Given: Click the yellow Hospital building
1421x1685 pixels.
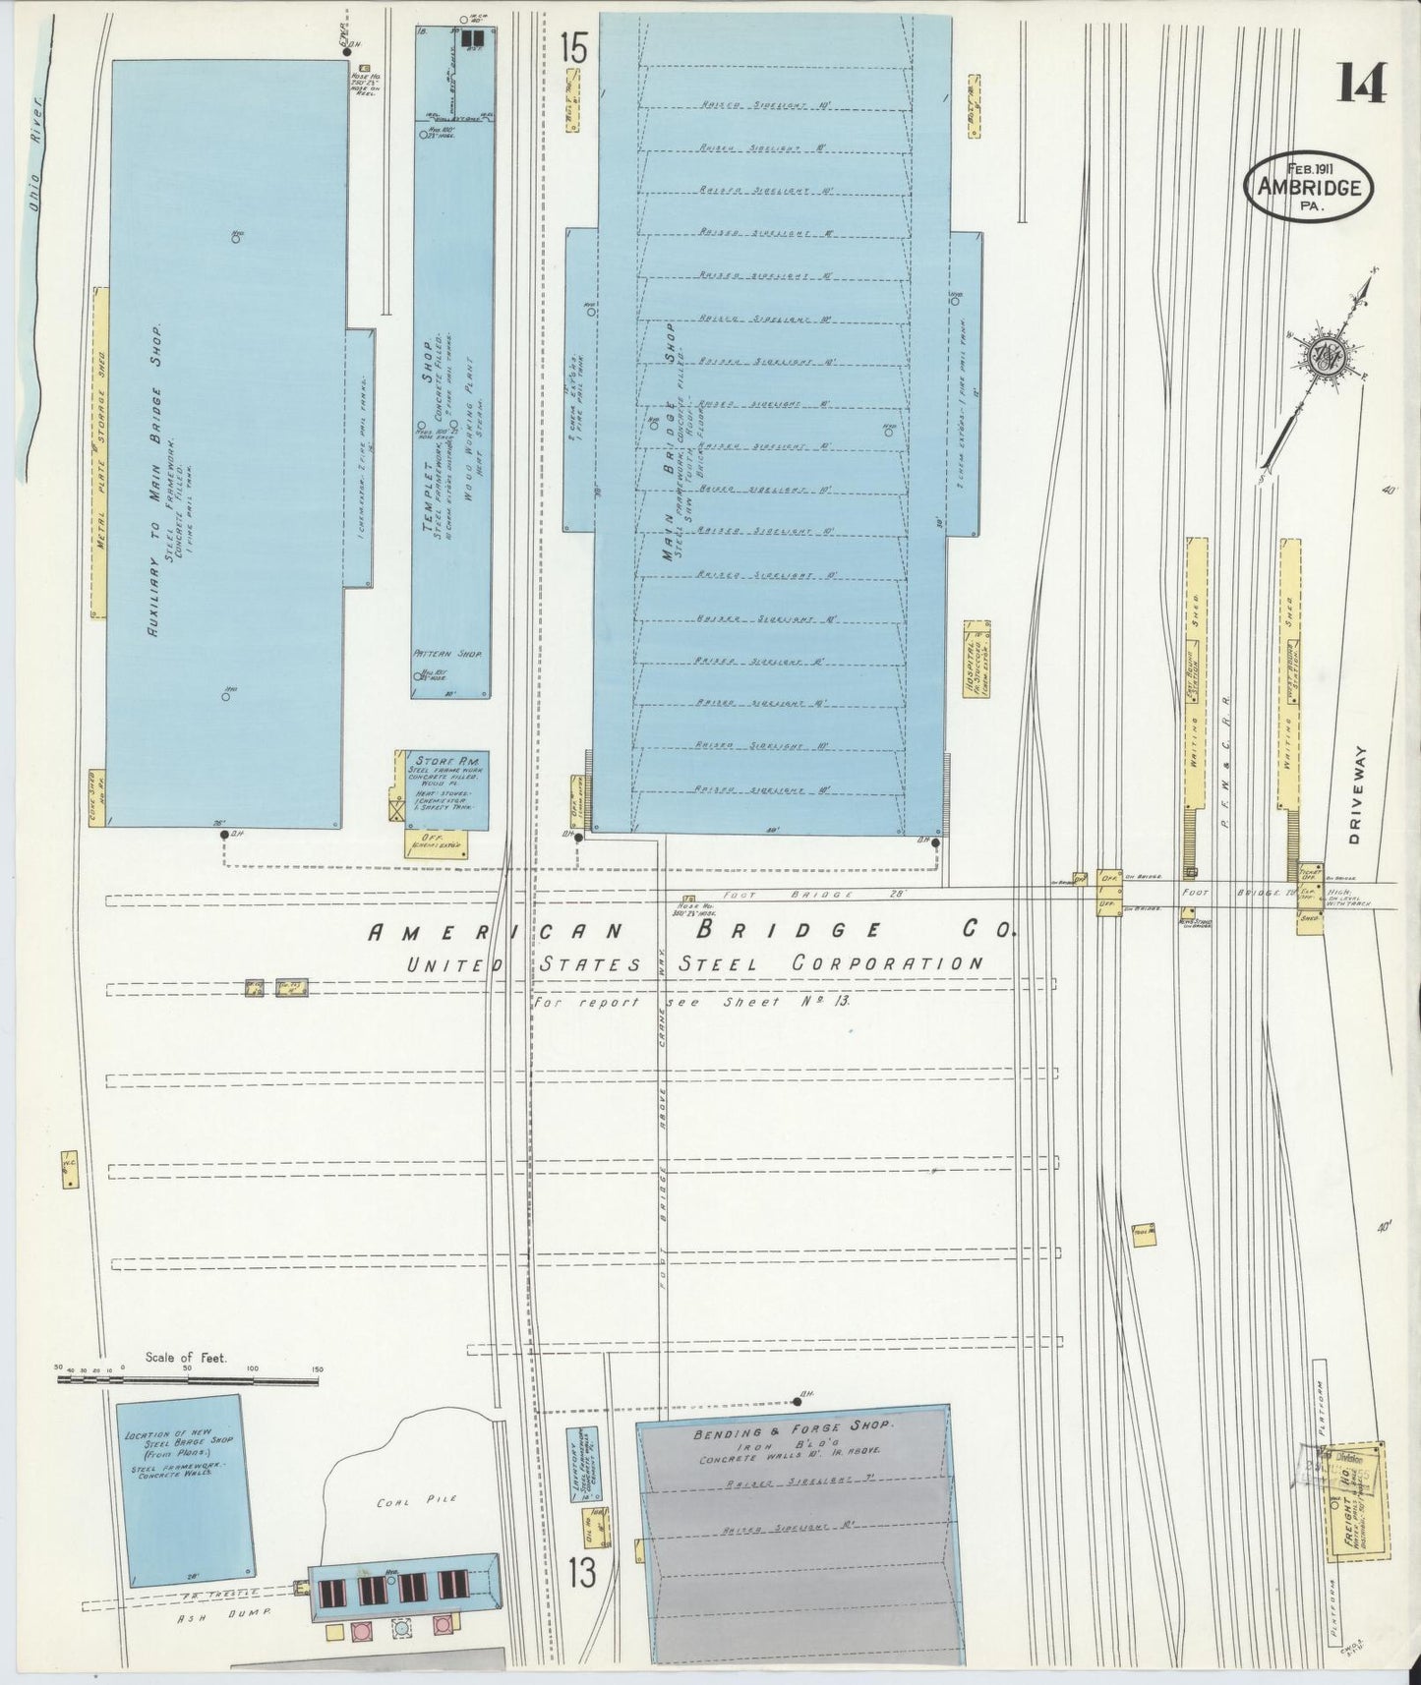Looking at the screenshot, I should [976, 660].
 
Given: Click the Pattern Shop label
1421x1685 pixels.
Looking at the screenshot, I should [448, 653].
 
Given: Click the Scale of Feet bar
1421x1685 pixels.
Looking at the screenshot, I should [187, 1380].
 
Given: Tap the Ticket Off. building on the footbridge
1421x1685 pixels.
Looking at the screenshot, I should [1309, 873].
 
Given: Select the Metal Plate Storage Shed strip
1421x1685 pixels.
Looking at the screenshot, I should [98, 453].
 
